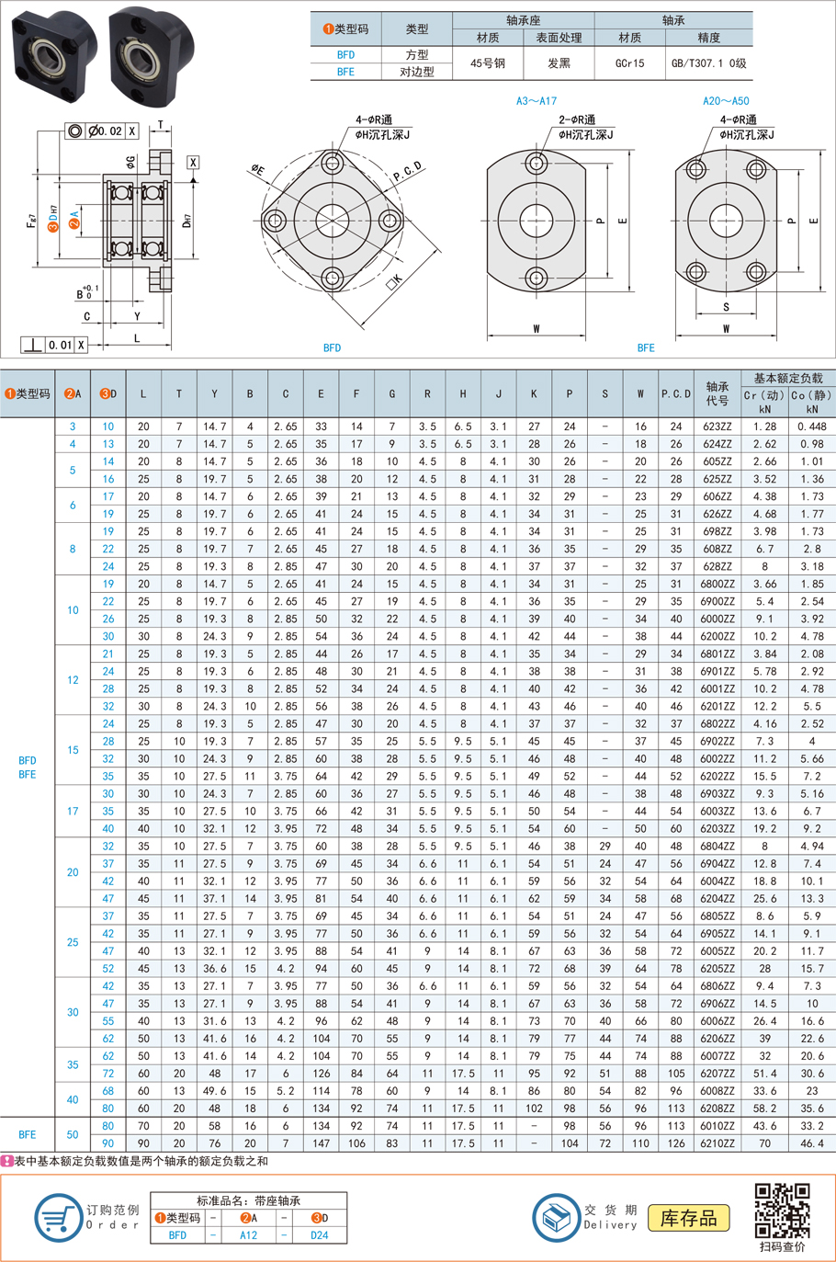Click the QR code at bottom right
point(782,1210)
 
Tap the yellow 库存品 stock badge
point(688,1218)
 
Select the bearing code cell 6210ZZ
point(717,1143)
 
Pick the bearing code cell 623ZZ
point(717,426)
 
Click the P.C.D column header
point(675,393)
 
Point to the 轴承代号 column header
point(717,393)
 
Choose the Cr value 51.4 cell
point(765,1074)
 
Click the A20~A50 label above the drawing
point(726,101)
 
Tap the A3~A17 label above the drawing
point(537,101)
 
